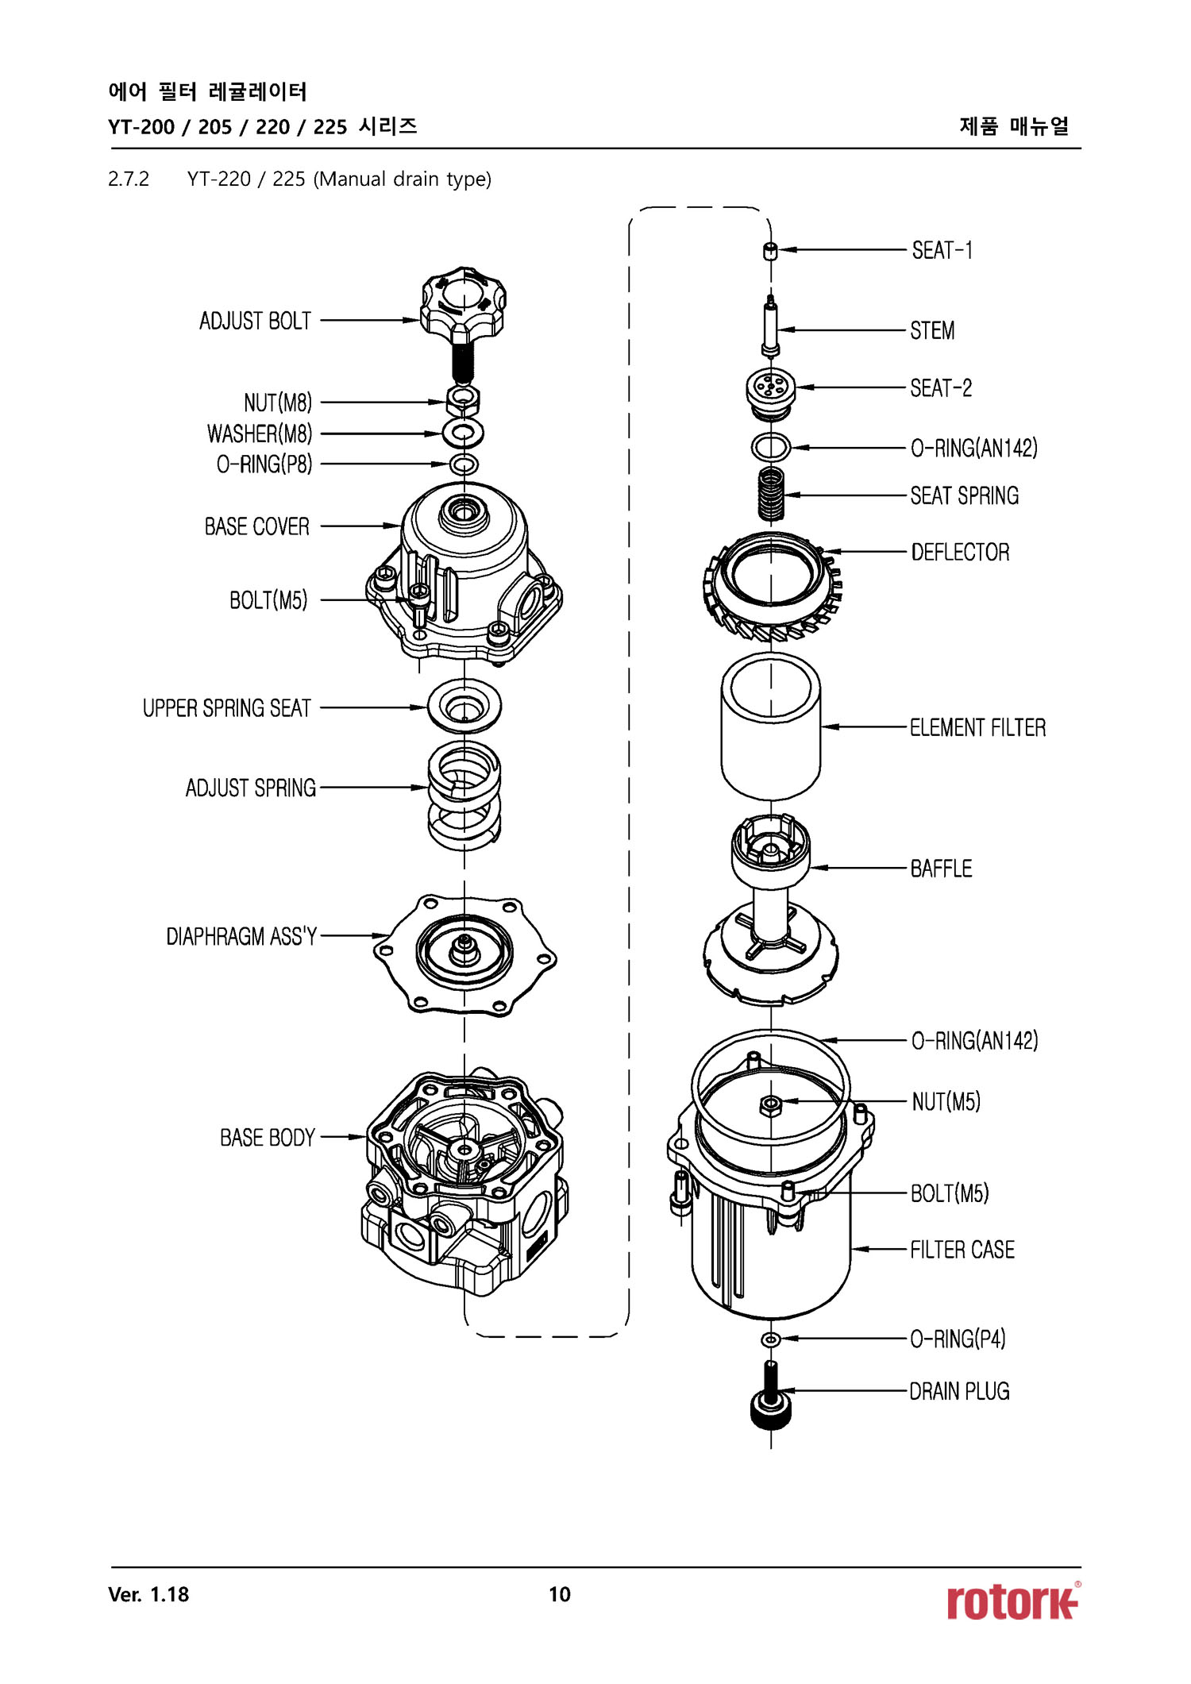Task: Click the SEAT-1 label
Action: click(x=942, y=251)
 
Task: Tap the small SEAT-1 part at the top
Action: click(x=769, y=252)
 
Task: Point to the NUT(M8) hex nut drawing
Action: click(x=464, y=400)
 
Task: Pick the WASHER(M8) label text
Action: click(x=260, y=434)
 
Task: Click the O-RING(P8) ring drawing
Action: click(x=464, y=464)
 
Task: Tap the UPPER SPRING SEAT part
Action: click(x=464, y=706)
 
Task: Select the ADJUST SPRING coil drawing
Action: click(x=464, y=794)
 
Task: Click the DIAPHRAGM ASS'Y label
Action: click(x=241, y=937)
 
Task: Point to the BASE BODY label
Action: click(x=268, y=1138)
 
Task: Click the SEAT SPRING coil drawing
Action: click(x=770, y=492)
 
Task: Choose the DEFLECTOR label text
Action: click(x=960, y=553)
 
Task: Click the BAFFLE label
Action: click(x=941, y=869)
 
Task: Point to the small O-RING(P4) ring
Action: click(x=769, y=1340)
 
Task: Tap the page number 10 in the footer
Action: click(x=559, y=1594)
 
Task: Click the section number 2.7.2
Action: click(x=129, y=179)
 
